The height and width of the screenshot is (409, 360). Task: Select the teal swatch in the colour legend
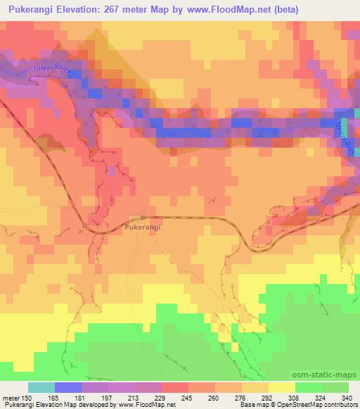[41, 387]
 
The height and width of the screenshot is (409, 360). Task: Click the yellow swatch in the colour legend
[282, 387]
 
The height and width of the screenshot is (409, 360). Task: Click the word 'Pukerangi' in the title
[32, 10]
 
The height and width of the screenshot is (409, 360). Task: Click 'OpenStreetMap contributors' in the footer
[325, 405]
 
